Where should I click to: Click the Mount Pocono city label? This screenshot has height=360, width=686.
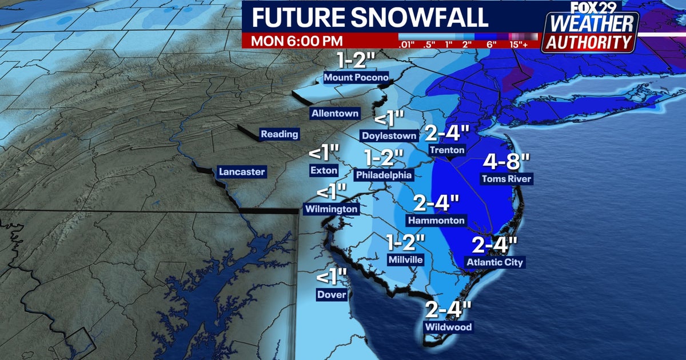tap(356, 78)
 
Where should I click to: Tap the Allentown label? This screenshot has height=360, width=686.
tap(335, 114)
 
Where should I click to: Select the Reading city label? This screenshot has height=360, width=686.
tap(280, 135)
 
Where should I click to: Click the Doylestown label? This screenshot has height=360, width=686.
tap(389, 136)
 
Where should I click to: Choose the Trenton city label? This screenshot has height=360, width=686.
tap(448, 150)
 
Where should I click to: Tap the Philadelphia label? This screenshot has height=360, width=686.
tap(383, 174)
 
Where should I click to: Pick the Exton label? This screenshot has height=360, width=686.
tap(324, 170)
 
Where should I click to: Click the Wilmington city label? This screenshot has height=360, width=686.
tap(331, 209)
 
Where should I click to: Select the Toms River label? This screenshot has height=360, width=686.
tap(506, 179)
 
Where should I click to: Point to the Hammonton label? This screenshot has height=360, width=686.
tap(436, 220)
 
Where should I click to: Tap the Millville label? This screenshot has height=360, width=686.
tap(405, 259)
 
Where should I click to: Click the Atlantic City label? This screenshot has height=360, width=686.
tap(494, 262)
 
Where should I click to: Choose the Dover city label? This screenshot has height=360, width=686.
tap(332, 295)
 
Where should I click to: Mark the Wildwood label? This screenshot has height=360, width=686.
tap(448, 327)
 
